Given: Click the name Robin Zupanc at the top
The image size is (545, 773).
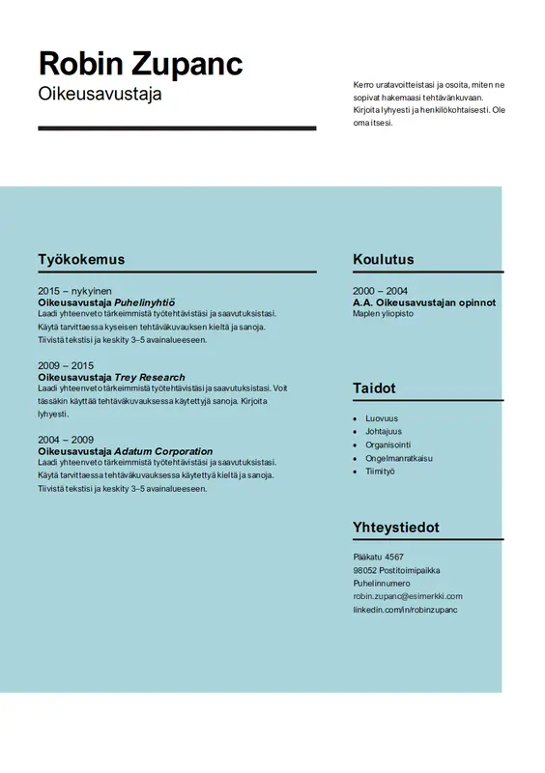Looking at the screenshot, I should point(140,64).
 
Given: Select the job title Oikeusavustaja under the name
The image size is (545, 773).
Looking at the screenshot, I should point(100,95).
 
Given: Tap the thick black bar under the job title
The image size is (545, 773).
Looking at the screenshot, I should point(177,128).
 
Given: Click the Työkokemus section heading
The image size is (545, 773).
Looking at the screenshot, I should point(81,259).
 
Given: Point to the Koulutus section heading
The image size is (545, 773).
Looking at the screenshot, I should point(384,259).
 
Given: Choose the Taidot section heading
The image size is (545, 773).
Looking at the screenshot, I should point(374,388).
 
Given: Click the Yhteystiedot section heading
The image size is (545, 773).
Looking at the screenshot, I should point(396,528).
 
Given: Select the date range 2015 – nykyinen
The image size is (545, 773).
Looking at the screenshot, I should point(74,291).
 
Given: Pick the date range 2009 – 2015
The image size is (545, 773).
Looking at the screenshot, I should point(66,365).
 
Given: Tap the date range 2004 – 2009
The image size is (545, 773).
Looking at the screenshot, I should point(66,440).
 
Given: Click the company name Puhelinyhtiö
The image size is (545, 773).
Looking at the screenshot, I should point(144,302).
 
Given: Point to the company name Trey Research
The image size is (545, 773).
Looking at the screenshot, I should point(150,377).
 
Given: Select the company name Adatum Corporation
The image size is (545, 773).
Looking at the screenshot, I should point(163,451).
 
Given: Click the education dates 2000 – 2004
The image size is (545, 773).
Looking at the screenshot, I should point(380,291).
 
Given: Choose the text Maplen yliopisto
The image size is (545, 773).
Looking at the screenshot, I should point(383,314).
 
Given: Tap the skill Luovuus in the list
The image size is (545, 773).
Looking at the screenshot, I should point(381,418).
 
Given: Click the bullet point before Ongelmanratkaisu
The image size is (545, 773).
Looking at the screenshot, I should point(356,458).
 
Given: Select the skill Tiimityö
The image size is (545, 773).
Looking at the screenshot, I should point(380,472).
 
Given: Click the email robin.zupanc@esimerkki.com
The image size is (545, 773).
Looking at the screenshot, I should point(407,596).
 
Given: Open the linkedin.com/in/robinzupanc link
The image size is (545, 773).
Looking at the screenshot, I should point(405,610).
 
